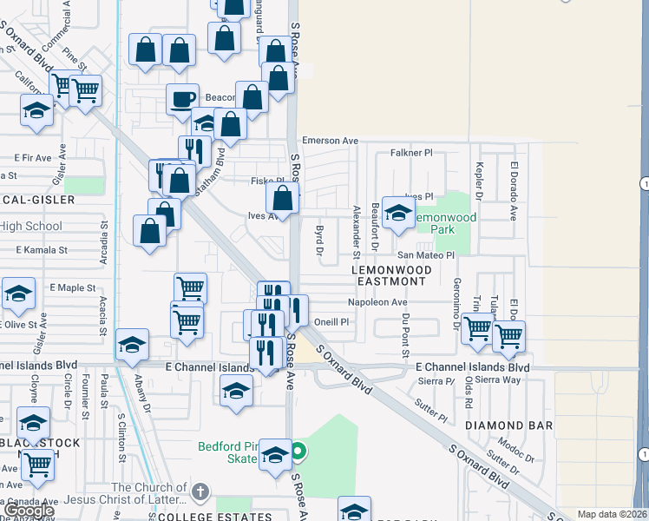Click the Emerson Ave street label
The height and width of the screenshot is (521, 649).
(x=330, y=141)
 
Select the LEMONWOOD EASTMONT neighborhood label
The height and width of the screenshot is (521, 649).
(x=390, y=275)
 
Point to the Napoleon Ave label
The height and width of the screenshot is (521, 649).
(x=377, y=302)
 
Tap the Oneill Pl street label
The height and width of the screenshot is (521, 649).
(x=331, y=321)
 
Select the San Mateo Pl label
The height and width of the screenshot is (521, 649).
(x=426, y=255)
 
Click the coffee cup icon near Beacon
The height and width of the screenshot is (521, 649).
(x=182, y=99)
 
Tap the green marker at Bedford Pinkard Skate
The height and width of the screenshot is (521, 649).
(x=298, y=451)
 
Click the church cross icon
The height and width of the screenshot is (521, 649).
(x=200, y=492)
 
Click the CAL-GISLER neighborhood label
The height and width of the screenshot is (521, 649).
(x=38, y=200)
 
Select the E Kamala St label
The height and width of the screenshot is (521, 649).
(x=42, y=250)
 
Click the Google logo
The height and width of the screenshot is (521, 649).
(x=29, y=511)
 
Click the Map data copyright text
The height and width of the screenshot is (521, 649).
(x=613, y=514)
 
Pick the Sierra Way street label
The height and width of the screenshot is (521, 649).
(x=498, y=379)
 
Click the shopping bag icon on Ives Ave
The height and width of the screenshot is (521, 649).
(x=282, y=197)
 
